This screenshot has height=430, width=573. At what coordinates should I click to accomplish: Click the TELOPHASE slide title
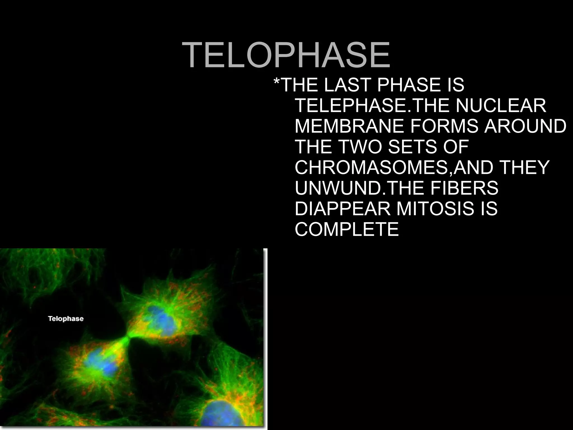click(x=286, y=55)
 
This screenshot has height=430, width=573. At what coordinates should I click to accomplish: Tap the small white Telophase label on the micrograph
click(x=66, y=319)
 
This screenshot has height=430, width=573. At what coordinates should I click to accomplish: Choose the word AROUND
click(x=525, y=126)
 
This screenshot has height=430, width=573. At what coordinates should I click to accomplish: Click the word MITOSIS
click(x=432, y=209)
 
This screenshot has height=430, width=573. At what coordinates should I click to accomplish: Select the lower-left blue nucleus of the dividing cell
click(x=100, y=364)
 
